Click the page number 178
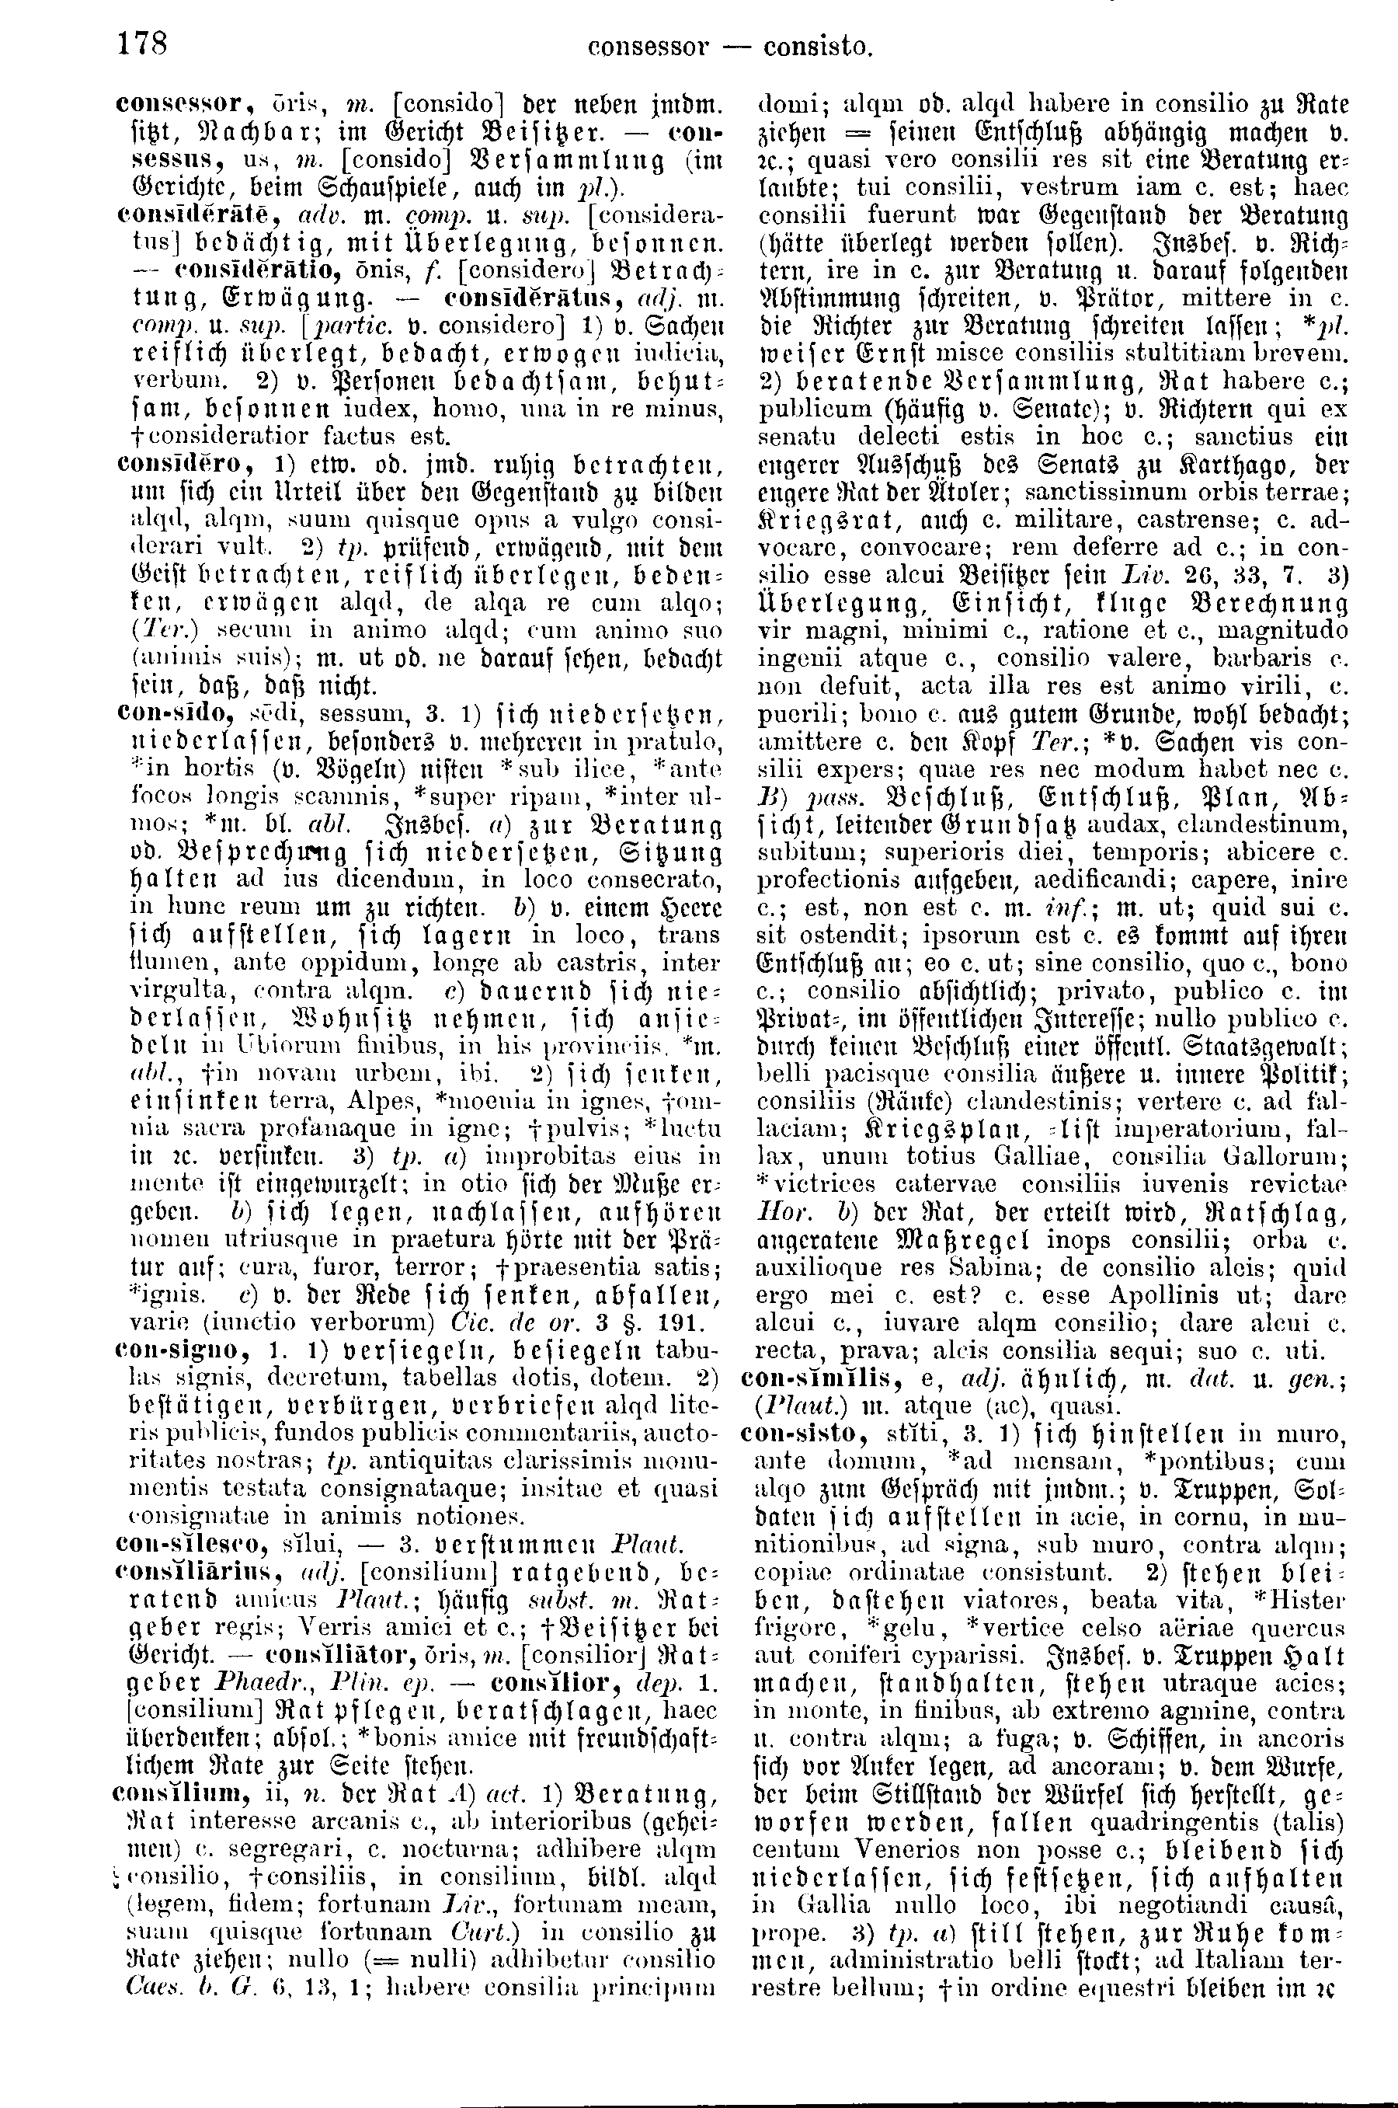(143, 42)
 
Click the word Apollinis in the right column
(1180, 1294)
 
